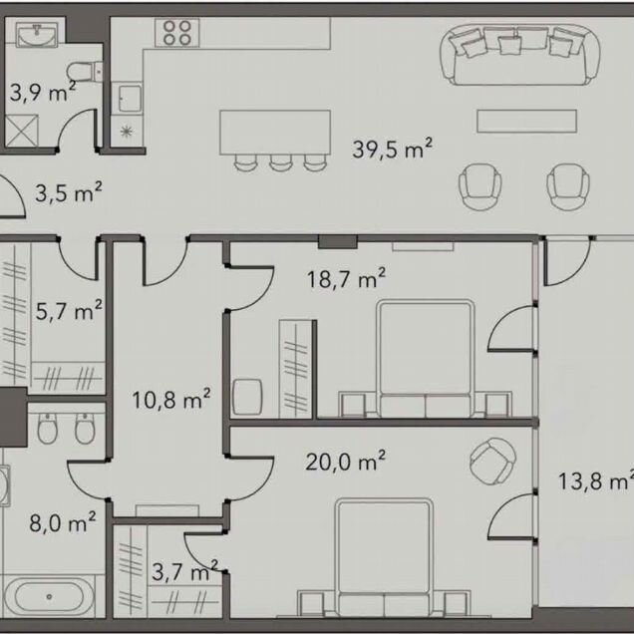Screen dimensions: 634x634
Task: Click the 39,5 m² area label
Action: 392,149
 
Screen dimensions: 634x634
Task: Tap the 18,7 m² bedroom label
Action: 346,278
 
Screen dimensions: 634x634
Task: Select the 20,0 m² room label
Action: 345,461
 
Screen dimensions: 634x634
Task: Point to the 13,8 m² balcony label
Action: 595,481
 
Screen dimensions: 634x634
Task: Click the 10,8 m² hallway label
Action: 171,400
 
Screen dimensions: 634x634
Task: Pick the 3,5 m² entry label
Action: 69,192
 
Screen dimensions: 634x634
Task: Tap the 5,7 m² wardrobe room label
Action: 69,311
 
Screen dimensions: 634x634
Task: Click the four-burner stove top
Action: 177,33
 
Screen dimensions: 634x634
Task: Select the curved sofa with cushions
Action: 520,55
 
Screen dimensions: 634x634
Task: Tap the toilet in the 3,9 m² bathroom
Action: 84,72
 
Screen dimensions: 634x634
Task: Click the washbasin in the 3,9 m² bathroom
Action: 37,35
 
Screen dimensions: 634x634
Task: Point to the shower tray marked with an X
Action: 22,131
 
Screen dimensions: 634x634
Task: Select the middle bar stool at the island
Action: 280,162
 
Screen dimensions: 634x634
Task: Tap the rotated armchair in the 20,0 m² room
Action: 492,461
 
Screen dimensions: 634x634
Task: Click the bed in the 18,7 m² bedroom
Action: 425,358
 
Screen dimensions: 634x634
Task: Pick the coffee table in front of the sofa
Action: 527,121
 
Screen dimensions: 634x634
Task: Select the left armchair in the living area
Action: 480,186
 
